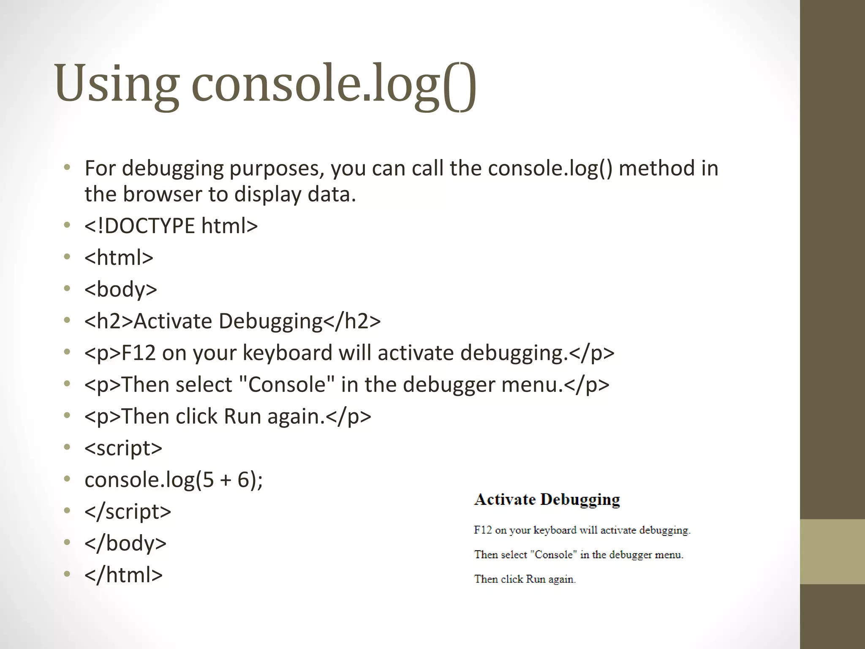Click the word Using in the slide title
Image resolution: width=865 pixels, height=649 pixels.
click(116, 84)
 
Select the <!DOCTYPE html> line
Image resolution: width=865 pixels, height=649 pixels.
click(171, 226)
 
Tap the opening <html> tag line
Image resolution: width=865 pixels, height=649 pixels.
click(119, 257)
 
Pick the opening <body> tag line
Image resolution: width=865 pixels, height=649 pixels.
click(121, 289)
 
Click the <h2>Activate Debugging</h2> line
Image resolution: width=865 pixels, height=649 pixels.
click(232, 321)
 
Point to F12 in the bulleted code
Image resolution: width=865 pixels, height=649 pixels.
click(139, 353)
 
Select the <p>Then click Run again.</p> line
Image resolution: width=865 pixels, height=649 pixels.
click(228, 417)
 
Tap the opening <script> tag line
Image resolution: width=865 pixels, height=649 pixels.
click(123, 448)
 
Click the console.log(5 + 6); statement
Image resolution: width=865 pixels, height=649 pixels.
click(174, 480)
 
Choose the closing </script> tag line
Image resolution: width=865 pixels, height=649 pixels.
click(128, 512)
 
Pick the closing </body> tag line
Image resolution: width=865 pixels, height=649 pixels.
click(125, 543)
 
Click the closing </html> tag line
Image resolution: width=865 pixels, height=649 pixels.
click(123, 575)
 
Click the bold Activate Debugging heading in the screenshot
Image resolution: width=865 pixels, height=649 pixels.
click(547, 499)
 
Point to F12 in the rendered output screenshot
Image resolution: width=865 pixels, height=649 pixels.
click(483, 530)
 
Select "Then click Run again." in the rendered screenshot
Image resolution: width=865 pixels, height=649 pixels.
click(525, 579)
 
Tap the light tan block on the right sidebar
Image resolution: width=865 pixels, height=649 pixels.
click(832, 551)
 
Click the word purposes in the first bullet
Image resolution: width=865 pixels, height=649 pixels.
click(276, 169)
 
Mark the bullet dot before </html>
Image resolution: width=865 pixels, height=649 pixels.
click(67, 574)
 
